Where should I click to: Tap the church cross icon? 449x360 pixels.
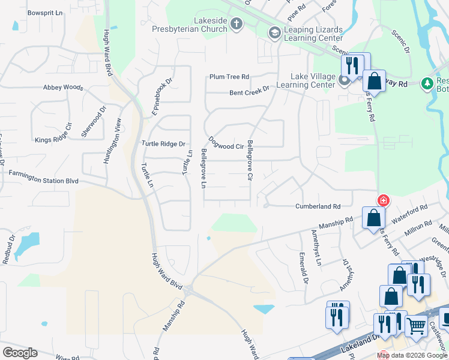coord(237,24)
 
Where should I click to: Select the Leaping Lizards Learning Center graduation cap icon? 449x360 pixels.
coord(274,32)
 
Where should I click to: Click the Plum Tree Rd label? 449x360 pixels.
coord(229,77)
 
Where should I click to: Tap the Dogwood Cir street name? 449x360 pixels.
coord(226,146)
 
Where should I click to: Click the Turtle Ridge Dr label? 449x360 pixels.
coord(163,143)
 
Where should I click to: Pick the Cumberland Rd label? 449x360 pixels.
coord(318,206)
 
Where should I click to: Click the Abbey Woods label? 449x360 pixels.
coord(63,87)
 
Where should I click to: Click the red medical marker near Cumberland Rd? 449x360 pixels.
coord(382,200)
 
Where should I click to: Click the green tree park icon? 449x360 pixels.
coord(427,82)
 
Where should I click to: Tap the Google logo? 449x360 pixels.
coord(20,353)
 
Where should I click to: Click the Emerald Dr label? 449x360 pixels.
coord(304,268)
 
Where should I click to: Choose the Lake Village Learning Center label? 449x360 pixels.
coord(313,80)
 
